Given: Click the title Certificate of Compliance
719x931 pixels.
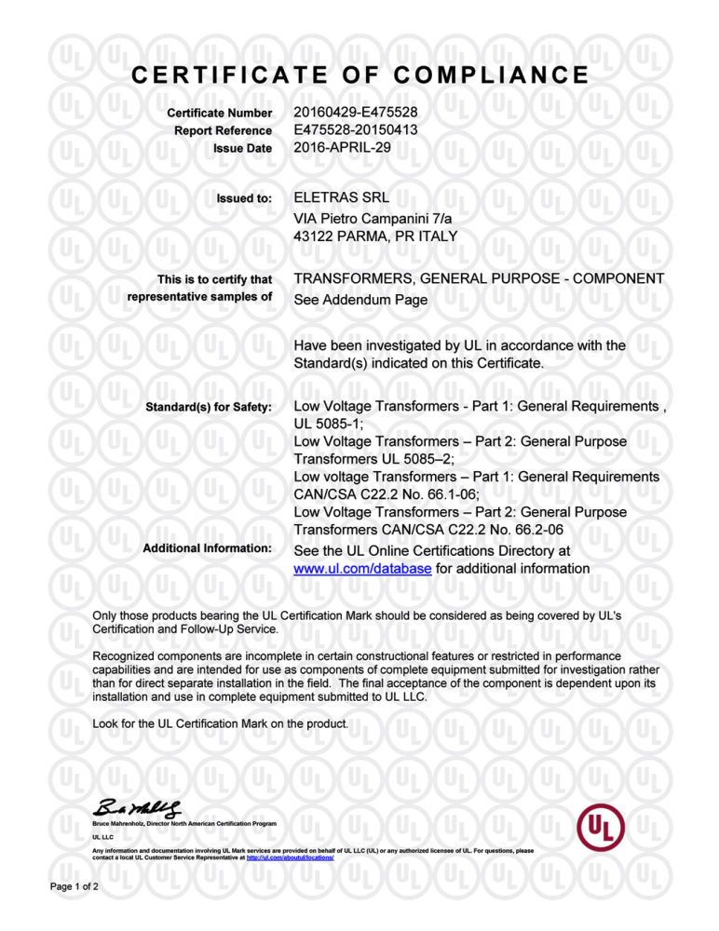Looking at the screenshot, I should pos(359,74).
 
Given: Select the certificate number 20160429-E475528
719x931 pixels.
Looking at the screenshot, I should pos(355,114).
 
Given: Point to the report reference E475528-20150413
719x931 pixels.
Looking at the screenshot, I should pos(355,130).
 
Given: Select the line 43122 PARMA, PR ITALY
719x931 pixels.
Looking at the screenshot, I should pos(375,236).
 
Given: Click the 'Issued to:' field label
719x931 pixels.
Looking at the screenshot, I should pos(243,198).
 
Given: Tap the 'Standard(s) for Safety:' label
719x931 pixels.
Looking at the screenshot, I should pos(207,407).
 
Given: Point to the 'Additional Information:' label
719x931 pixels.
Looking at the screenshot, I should pos(207,549).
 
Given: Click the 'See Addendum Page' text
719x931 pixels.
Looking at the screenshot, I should pos(360,301).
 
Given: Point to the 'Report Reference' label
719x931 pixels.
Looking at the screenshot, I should pos(223,130).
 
